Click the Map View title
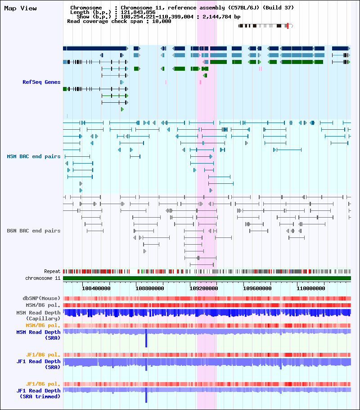(20, 9)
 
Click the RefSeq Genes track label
(41, 82)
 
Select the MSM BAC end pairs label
(33, 156)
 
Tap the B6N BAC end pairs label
(33, 231)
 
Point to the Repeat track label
(52, 271)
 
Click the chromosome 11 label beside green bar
(43, 278)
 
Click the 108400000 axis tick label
(96, 288)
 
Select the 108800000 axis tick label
(150, 288)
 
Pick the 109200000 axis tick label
(203, 288)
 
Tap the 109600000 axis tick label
(257, 288)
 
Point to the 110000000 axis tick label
(311, 288)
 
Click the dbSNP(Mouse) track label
(41, 298)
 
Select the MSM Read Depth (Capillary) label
(38, 315)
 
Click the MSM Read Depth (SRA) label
(38, 335)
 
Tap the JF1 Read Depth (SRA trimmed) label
(38, 393)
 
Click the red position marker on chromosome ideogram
(288, 26)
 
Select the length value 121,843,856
(138, 12)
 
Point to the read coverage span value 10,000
(162, 21)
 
